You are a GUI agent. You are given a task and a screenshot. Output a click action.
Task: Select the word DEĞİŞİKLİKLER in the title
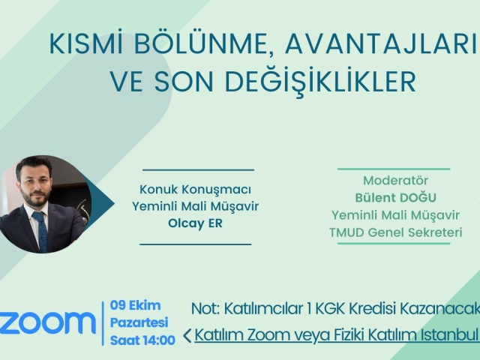point(320,81)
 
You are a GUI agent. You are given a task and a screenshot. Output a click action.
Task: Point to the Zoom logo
point(47,323)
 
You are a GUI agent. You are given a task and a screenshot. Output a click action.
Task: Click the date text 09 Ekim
point(135,305)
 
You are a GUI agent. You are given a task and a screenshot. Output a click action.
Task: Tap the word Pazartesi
point(139,322)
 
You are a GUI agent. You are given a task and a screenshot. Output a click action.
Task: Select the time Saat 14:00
point(142,340)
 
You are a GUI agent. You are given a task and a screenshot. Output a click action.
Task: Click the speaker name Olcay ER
point(195,223)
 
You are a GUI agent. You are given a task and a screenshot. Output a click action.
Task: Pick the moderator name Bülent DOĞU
point(395,197)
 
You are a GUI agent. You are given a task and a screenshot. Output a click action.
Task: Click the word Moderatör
point(395,180)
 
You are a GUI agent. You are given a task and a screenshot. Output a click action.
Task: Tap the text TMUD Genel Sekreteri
point(395,232)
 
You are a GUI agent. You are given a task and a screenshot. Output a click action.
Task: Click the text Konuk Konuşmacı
point(195,190)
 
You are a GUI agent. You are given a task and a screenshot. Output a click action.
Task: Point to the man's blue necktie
point(42,230)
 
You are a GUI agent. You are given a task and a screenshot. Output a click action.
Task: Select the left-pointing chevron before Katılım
point(187,335)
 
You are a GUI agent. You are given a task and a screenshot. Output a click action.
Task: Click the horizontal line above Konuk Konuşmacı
point(198,170)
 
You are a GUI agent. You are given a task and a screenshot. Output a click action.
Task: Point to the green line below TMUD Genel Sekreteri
point(394,244)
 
